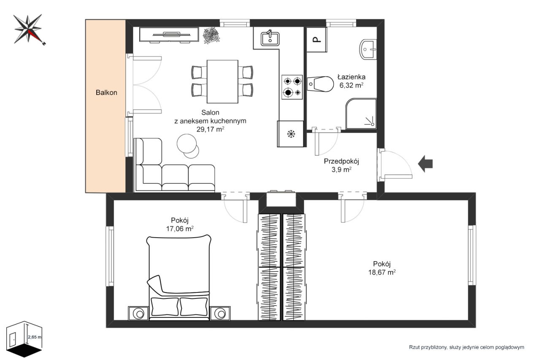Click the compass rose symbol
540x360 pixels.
click(x=28, y=30)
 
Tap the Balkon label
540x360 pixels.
click(x=106, y=92)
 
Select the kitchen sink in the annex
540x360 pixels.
click(x=270, y=38)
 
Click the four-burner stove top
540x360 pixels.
click(x=292, y=87)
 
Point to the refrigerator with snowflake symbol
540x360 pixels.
click(x=290, y=134)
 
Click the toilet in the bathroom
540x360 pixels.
click(x=320, y=84)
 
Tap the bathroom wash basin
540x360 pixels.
click(x=368, y=49)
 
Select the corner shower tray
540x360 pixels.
click(x=361, y=114)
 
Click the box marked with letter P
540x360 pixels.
click(x=317, y=39)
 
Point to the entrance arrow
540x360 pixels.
click(x=425, y=164)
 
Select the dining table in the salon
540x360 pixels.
click(x=222, y=81)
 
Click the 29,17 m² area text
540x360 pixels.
click(x=210, y=129)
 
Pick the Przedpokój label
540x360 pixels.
click(x=341, y=161)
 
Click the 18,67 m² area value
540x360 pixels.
click(x=382, y=272)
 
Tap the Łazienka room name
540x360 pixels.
click(x=351, y=77)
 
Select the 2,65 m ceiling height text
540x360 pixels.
click(x=35, y=337)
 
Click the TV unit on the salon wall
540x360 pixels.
click(x=169, y=35)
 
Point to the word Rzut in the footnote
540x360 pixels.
click(x=414, y=347)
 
